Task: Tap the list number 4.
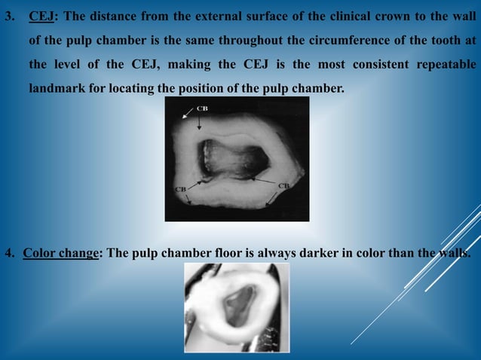coord(10,252)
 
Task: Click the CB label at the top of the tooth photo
coord(204,108)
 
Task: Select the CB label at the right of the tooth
coord(284,185)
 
